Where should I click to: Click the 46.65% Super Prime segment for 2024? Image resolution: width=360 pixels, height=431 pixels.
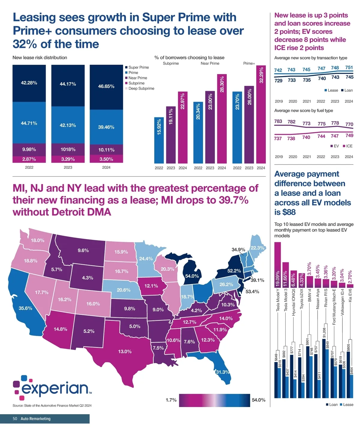point(106,87)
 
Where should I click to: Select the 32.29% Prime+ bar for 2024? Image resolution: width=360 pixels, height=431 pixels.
point(261,114)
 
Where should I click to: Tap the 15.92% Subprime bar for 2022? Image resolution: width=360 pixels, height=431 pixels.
point(159,140)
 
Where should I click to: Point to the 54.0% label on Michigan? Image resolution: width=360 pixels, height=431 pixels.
point(192,276)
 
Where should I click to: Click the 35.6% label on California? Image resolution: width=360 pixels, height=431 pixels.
point(25,308)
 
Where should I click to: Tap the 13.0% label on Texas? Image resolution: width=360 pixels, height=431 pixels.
point(125,352)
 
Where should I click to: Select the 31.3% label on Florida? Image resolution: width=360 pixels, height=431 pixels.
point(222,372)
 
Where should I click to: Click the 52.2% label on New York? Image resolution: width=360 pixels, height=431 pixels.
point(234,271)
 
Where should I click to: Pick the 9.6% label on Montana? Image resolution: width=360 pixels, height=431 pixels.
point(83,250)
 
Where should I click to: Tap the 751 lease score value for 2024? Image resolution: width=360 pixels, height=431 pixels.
point(349,67)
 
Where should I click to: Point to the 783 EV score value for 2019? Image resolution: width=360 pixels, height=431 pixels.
point(278,121)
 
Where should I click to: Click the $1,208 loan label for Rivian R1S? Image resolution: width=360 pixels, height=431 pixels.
point(324,333)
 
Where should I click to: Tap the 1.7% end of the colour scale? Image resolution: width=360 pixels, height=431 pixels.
point(171,400)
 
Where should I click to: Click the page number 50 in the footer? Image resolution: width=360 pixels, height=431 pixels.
point(15,419)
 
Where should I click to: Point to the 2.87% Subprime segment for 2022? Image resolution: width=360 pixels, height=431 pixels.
point(29,159)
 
